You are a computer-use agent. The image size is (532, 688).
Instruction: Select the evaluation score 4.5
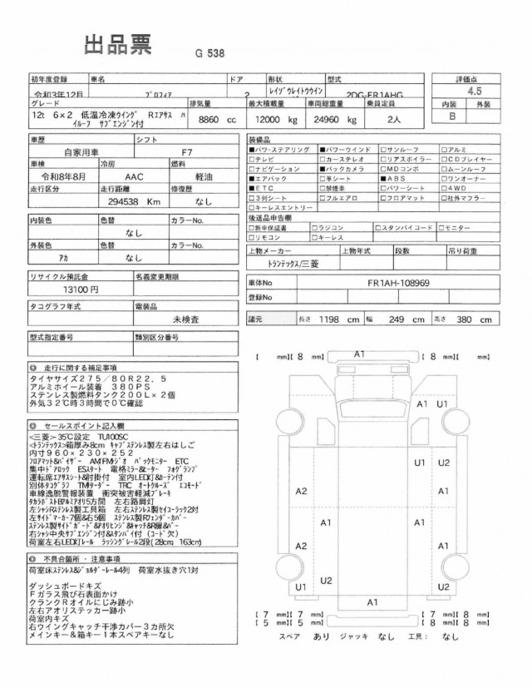475,92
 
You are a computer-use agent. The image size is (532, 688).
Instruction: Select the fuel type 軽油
184,177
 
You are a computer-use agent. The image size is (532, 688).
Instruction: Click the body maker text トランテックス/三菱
280,263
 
